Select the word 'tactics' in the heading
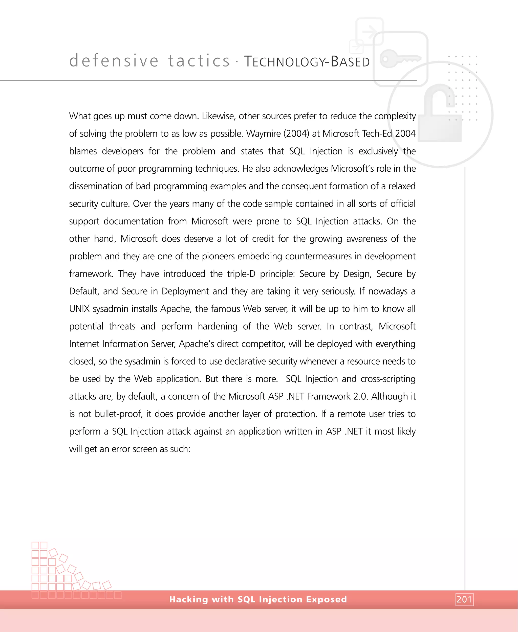199,61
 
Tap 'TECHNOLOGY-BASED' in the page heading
307,62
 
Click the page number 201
464,599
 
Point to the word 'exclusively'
378,151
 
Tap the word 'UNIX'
79,309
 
